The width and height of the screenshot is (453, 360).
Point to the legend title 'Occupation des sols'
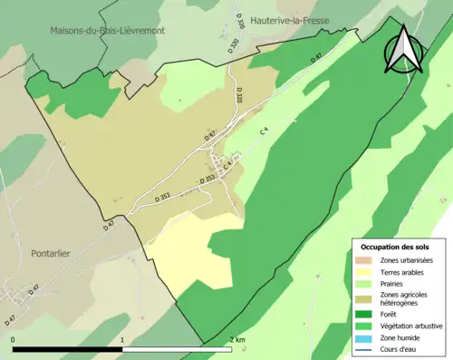pos(396,247)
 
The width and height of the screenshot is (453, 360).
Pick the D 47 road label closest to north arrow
pos(316,58)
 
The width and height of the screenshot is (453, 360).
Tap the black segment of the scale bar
pos(68,348)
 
